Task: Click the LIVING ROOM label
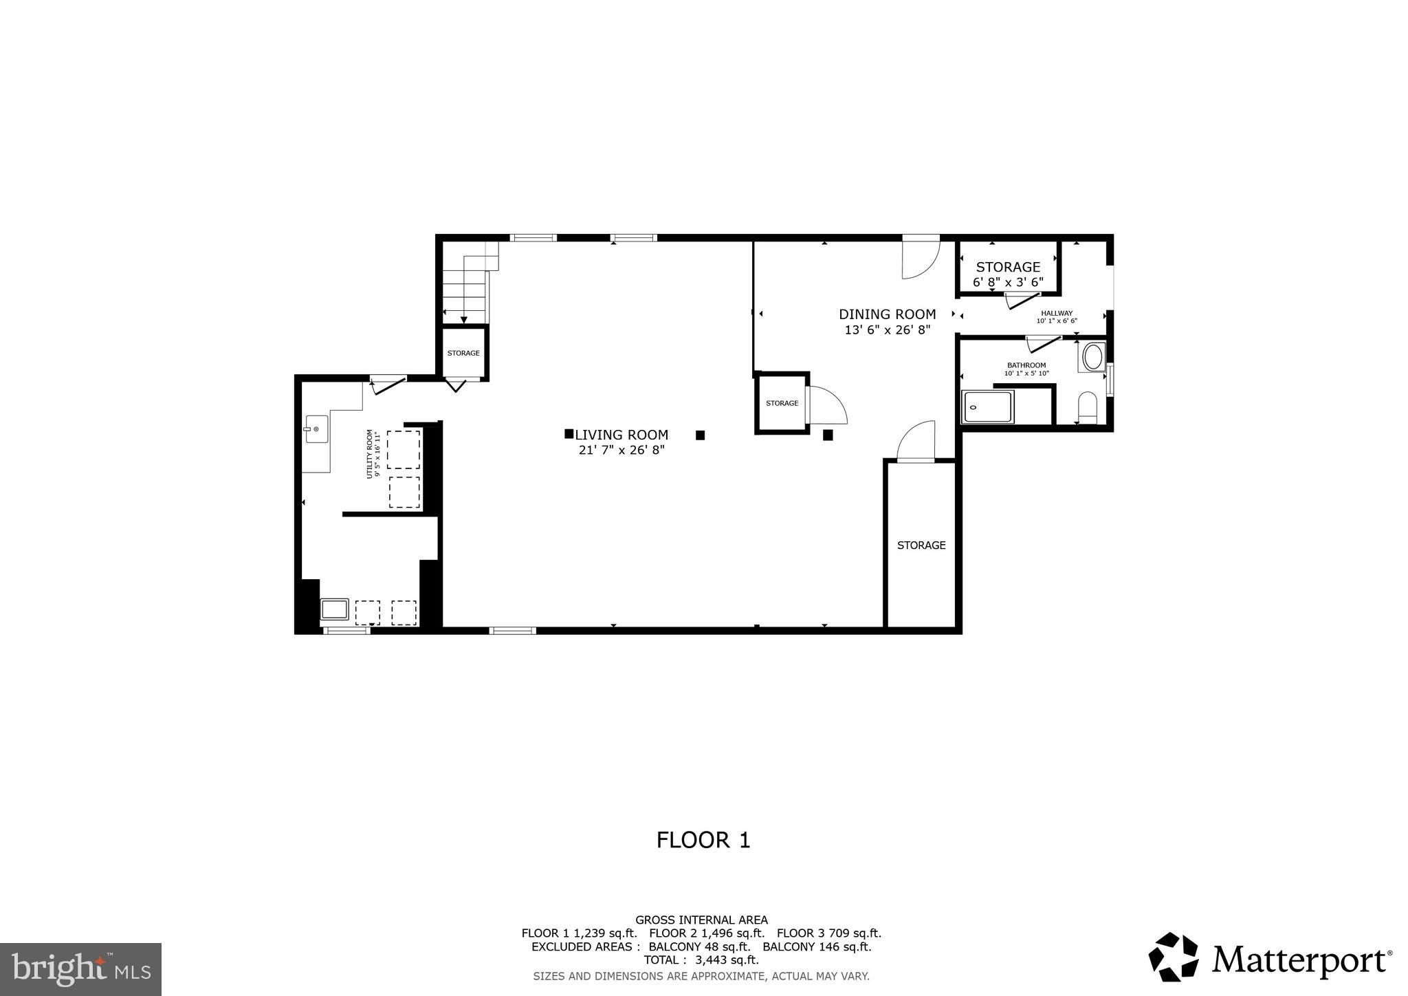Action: (621, 435)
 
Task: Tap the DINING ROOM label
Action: (887, 314)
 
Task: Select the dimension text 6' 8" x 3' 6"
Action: (1008, 282)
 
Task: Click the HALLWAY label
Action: (1056, 313)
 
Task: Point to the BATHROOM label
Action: (1026, 365)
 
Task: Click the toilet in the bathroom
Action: (1088, 409)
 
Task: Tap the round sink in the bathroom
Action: (1092, 358)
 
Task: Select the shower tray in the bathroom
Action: (988, 407)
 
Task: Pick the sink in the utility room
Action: (316, 429)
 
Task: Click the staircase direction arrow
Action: (464, 319)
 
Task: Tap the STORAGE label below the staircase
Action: (463, 353)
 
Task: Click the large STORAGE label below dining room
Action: (921, 545)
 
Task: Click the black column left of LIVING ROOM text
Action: (569, 433)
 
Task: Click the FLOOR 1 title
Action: (703, 840)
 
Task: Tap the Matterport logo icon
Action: (1173, 957)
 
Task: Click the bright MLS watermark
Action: (81, 970)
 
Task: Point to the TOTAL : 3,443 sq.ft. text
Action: (701, 960)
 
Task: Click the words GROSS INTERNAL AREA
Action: (701, 920)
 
